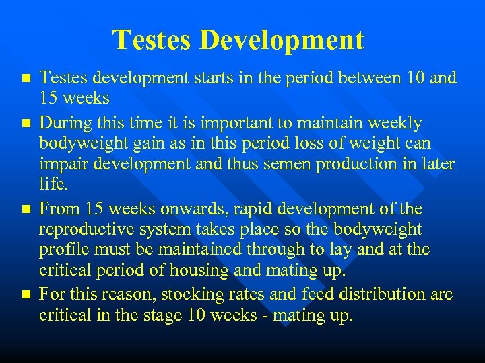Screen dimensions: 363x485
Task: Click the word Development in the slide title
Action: pos(282,41)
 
